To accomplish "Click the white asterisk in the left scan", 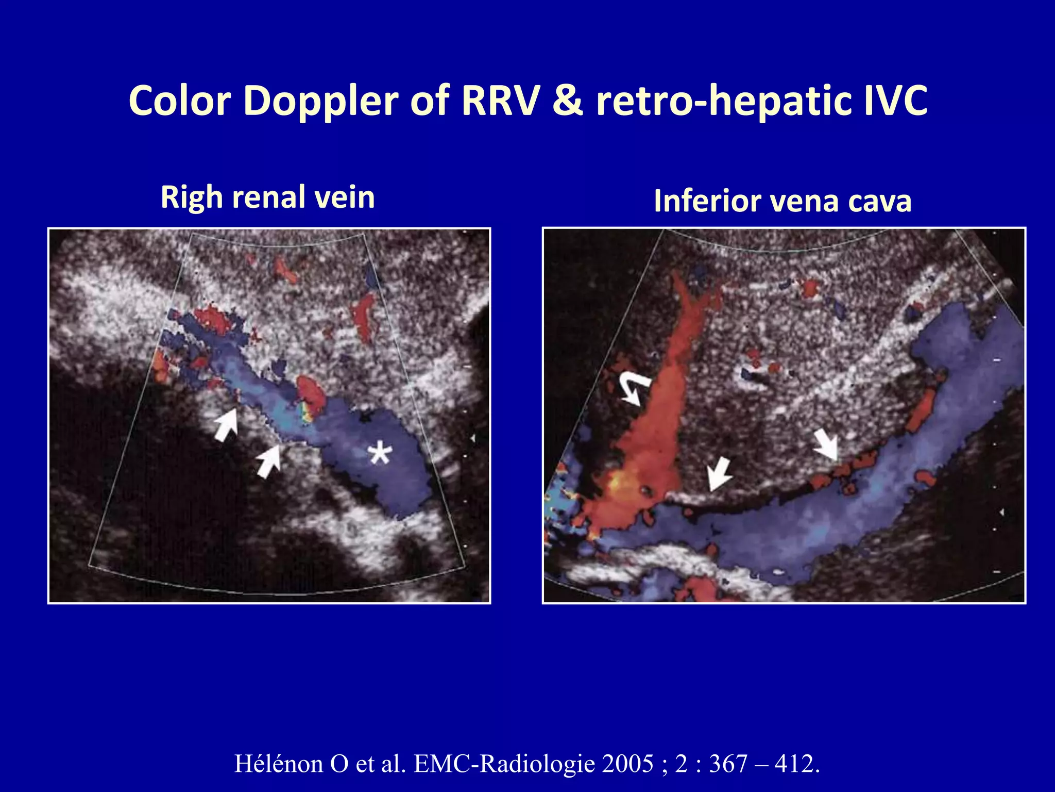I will point(380,453).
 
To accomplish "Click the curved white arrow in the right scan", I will point(634,388).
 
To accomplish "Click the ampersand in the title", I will point(567,101).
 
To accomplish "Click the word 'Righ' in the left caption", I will point(192,198).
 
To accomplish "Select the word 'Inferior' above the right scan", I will point(707,201).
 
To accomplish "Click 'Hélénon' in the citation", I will point(278,764).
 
